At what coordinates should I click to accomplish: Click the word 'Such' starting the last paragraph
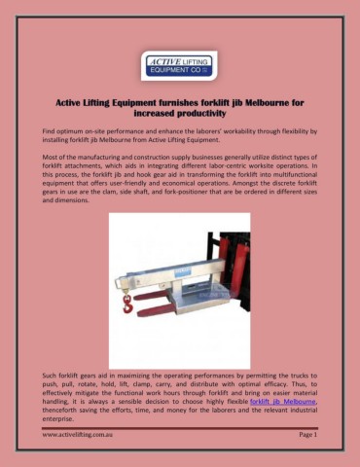click(49, 375)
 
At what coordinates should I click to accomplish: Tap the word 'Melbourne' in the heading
click(270, 99)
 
